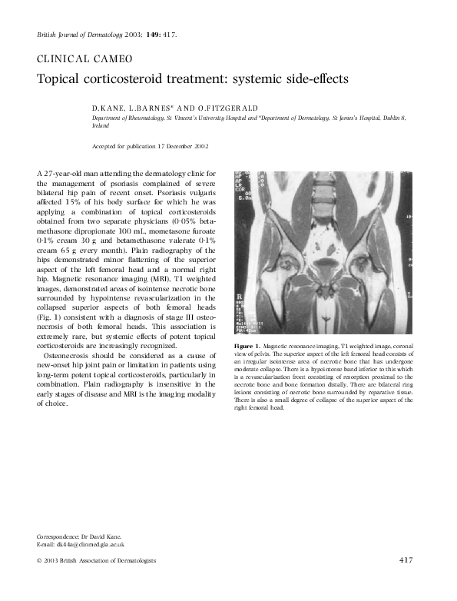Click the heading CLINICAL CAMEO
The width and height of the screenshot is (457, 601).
(x=84, y=59)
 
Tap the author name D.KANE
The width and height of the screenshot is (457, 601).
(x=108, y=108)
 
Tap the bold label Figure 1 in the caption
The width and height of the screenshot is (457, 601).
(x=248, y=348)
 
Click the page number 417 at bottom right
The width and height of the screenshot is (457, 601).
(x=406, y=560)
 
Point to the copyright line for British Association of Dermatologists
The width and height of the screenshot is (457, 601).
(x=96, y=560)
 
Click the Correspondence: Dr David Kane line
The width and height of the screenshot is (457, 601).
(x=79, y=536)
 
